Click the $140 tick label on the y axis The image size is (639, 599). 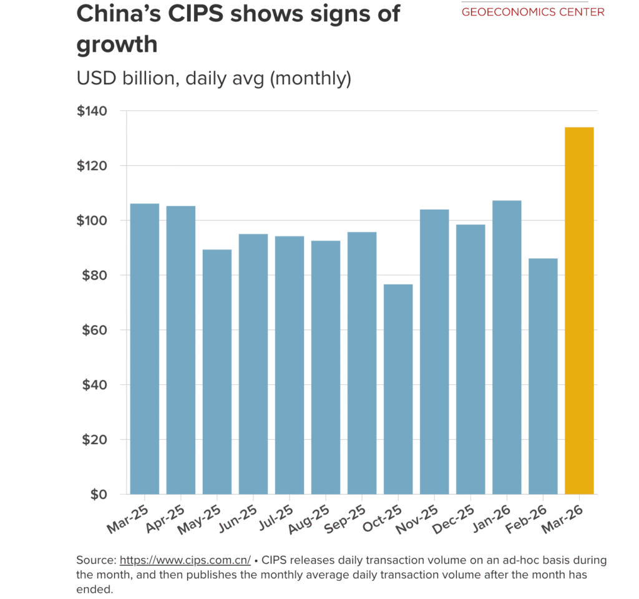tap(92, 111)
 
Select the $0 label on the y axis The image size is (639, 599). tap(99, 494)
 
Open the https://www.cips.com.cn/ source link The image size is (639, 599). tap(185, 560)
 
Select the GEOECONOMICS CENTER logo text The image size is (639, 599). tap(533, 12)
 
